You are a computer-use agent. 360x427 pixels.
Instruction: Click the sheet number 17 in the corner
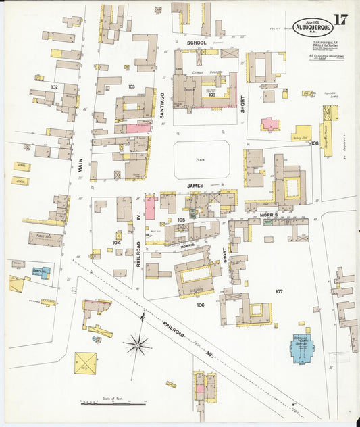(x=340, y=19)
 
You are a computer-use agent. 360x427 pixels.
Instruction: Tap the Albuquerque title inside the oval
(x=313, y=28)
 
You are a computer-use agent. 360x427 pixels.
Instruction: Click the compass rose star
(x=137, y=345)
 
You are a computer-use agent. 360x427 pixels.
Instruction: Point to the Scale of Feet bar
(x=113, y=404)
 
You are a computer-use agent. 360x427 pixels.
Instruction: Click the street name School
(x=197, y=42)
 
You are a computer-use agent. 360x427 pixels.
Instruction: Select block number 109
(x=211, y=95)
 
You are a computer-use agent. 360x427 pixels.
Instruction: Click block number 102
(x=54, y=87)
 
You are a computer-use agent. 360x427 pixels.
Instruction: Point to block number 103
(x=131, y=86)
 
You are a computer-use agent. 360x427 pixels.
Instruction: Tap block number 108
(x=315, y=143)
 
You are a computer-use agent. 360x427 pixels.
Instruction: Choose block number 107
(x=278, y=291)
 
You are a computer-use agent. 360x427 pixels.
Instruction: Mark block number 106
(x=201, y=305)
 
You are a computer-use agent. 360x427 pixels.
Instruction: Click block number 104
(x=117, y=242)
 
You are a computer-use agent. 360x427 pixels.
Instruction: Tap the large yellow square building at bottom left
(x=85, y=363)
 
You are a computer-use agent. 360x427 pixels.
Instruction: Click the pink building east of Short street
(x=271, y=124)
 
